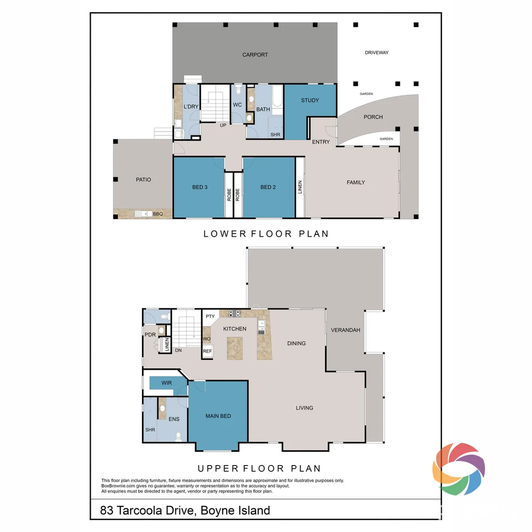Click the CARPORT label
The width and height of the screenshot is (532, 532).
255,55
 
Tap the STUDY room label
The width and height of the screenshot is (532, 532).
310,100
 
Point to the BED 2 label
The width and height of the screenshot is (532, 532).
268,187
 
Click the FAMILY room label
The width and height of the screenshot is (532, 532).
356,183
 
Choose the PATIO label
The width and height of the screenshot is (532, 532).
143,180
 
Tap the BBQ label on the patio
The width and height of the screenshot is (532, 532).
158,214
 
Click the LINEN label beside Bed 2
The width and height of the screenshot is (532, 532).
300,187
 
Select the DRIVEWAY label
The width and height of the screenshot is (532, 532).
376,53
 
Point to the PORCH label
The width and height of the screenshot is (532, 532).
373,117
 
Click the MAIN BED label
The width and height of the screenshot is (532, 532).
218,416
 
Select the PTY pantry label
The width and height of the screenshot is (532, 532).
210,317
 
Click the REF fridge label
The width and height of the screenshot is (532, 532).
207,352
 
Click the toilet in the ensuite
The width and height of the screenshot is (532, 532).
178,436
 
